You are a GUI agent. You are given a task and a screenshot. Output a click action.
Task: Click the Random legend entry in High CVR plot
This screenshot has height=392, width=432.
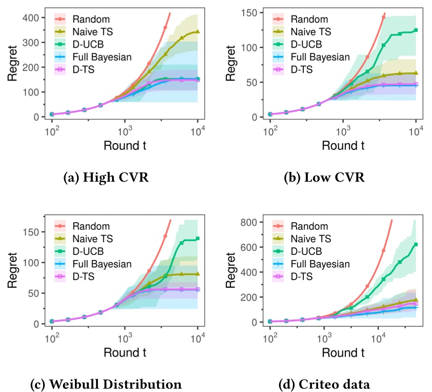pyautogui.click(x=86, y=19)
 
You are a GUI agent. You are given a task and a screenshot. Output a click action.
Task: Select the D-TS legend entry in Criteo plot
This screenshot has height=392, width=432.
pyautogui.click(x=301, y=276)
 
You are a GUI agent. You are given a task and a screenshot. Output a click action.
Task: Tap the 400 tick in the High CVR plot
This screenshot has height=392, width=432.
pyautogui.click(x=32, y=18)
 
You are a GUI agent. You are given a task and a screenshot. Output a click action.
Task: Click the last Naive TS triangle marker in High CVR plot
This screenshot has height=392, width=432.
pyautogui.click(x=198, y=32)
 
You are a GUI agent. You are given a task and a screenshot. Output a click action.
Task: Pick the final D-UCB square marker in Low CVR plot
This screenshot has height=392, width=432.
pyautogui.click(x=416, y=30)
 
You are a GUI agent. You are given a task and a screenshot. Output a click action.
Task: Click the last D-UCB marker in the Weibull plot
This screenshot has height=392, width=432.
pyautogui.click(x=198, y=239)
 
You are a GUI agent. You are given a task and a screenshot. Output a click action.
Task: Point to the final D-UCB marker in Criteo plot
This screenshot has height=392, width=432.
pyautogui.click(x=416, y=244)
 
